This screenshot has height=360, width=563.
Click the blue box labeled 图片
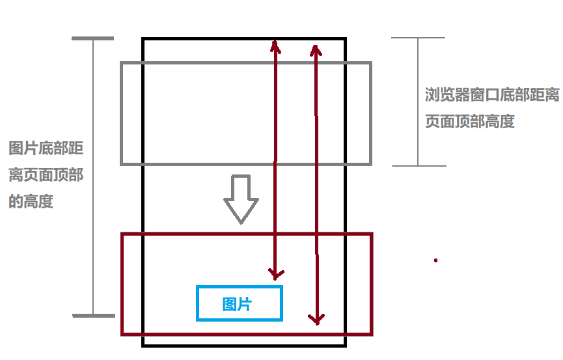(240, 303)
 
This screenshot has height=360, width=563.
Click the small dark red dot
(435, 260)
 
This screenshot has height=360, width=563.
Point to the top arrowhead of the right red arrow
(315, 50)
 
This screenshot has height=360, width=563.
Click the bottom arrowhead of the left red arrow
(276, 273)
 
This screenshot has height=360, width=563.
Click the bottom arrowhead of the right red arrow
(316, 319)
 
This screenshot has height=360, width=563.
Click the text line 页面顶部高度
(470, 122)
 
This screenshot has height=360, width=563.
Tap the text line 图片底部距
(46, 148)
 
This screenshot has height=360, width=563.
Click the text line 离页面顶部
(46, 175)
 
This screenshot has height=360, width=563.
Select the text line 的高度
(31, 202)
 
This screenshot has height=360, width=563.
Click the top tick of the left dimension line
(92, 39)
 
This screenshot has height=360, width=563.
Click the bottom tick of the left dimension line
(93, 316)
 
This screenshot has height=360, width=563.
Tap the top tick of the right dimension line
(418, 38)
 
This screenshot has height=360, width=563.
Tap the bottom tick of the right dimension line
(419, 165)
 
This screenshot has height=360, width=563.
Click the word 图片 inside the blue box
(237, 304)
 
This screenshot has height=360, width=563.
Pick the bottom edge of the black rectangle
(244, 345)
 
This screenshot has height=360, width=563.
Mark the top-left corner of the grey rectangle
(122, 63)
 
